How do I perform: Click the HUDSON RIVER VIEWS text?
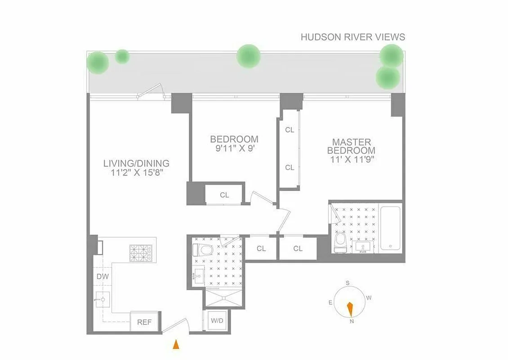[353, 37]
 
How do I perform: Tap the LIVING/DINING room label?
[136, 163]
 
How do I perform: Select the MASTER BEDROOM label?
[351, 146]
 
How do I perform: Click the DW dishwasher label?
[102, 276]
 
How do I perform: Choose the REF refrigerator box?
[144, 322]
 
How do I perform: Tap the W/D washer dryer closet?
[217, 321]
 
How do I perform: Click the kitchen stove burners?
[141, 253]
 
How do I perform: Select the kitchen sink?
[103, 299]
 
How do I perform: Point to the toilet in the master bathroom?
[340, 242]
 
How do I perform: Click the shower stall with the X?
[223, 298]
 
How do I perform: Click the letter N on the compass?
[351, 321]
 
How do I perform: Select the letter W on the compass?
[369, 297]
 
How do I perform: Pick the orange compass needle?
[350, 309]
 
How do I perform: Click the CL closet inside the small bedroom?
[224, 195]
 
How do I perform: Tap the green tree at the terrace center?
[248, 56]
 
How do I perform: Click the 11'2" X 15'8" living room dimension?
[136, 172]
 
